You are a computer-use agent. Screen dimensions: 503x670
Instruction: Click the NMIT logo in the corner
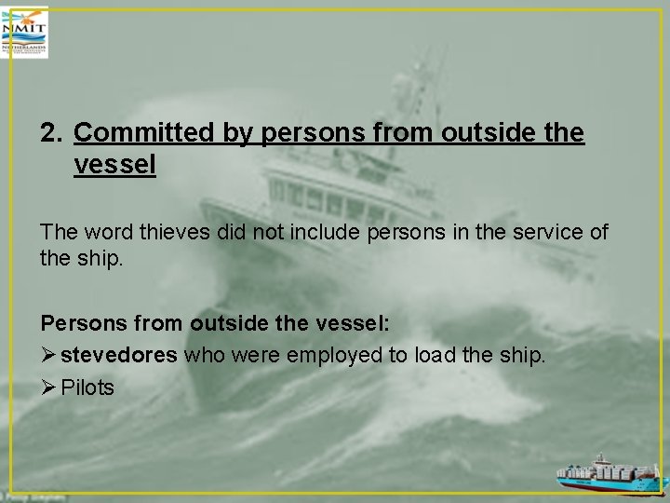pyautogui.click(x=25, y=33)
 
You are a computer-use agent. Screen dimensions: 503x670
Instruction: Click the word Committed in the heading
pyautogui.click(x=144, y=134)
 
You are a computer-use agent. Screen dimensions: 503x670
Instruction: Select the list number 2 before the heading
pyautogui.click(x=50, y=134)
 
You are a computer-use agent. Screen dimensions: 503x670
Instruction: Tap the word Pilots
pyautogui.click(x=87, y=387)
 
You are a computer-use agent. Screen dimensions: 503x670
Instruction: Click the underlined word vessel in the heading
pyautogui.click(x=114, y=166)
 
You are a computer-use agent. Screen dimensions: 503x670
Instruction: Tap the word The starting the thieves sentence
pyautogui.click(x=59, y=231)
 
